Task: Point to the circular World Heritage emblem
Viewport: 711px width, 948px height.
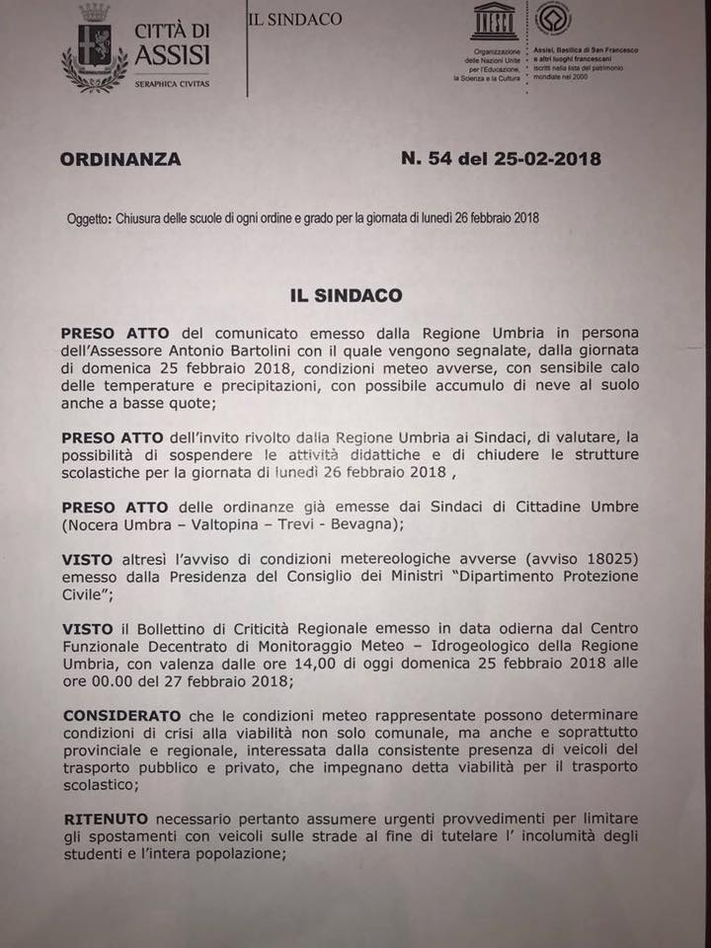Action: click(x=552, y=19)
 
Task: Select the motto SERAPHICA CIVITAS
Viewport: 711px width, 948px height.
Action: click(x=171, y=83)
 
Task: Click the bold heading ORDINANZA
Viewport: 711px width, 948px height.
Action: click(x=120, y=159)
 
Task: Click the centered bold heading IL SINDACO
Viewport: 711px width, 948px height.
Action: click(x=346, y=294)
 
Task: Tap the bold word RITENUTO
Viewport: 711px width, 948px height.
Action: click(x=107, y=820)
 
